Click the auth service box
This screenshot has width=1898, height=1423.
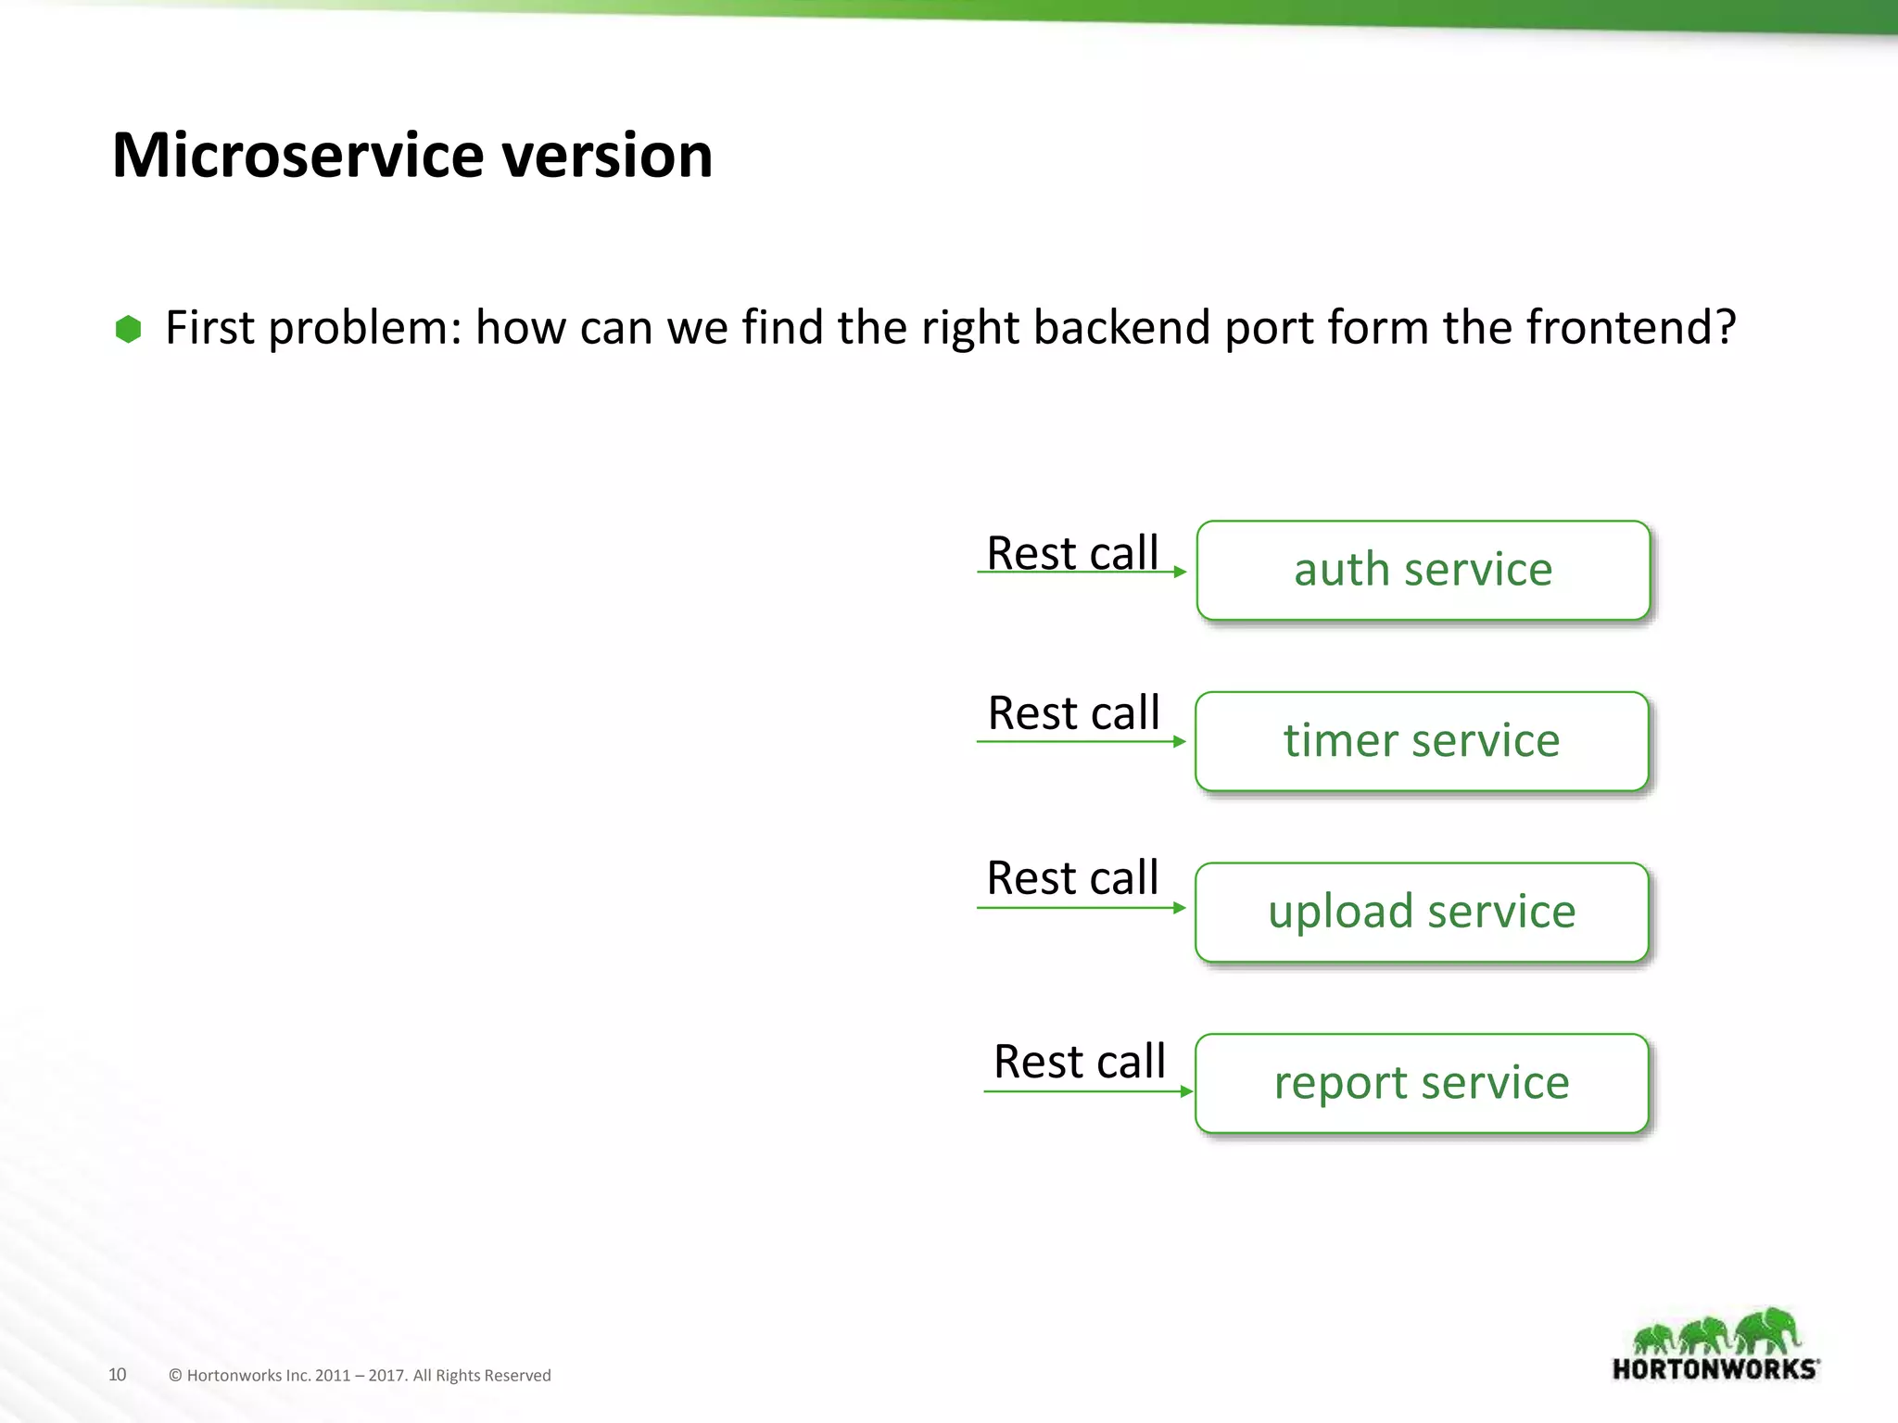pyautogui.click(x=1423, y=570)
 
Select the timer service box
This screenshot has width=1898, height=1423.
pyautogui.click(x=1421, y=741)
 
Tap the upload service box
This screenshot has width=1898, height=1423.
pyautogui.click(x=1421, y=913)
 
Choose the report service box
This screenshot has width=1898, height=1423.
pyautogui.click(x=1421, y=1083)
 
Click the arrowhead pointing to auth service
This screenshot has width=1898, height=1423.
pyautogui.click(x=1180, y=572)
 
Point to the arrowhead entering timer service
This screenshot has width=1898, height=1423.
pyautogui.click(x=1180, y=741)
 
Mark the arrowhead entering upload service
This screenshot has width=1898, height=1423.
pyautogui.click(x=1180, y=908)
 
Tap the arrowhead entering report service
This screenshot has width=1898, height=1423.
pyautogui.click(x=1186, y=1091)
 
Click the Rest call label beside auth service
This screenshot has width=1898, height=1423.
pyautogui.click(x=1072, y=553)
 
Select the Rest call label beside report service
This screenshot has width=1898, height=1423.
pyautogui.click(x=1079, y=1061)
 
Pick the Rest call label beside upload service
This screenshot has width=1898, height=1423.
pyautogui.click(x=1072, y=877)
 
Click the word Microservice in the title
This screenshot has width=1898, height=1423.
pyautogui.click(x=297, y=155)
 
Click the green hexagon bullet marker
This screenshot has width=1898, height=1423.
pyautogui.click(x=128, y=329)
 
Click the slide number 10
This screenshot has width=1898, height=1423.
pyautogui.click(x=118, y=1374)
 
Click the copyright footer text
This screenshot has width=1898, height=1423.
pyautogui.click(x=360, y=1376)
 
